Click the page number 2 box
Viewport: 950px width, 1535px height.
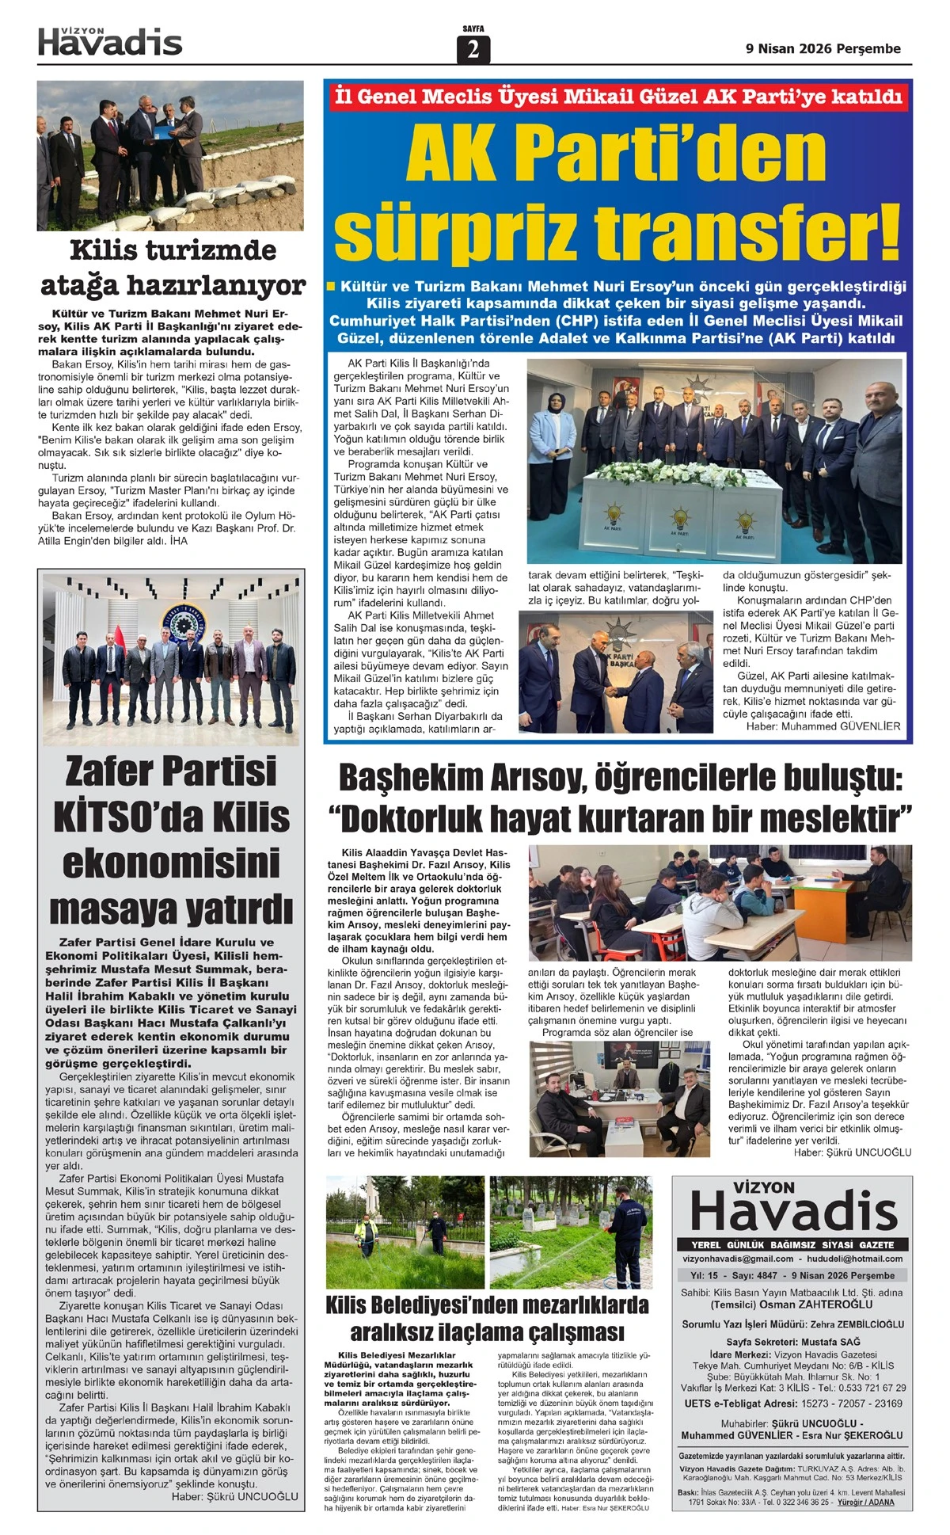click(x=473, y=49)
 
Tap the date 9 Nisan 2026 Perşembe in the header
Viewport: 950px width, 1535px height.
click(x=823, y=48)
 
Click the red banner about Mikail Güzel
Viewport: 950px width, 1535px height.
click(x=617, y=97)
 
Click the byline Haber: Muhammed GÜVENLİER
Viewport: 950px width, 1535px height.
click(x=823, y=726)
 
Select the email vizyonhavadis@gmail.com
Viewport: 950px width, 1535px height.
click(x=737, y=1259)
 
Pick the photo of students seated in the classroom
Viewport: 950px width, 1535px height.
click(x=720, y=901)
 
